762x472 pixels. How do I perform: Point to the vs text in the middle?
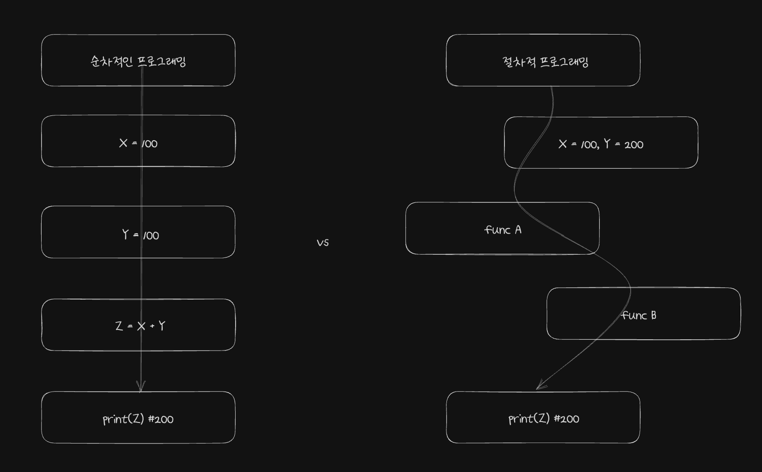pyautogui.click(x=323, y=243)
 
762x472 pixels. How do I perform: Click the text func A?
pyautogui.click(x=503, y=229)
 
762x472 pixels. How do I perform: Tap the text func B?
pyautogui.click(x=639, y=315)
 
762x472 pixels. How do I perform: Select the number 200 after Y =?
pyautogui.click(x=634, y=145)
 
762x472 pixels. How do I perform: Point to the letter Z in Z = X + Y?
pyautogui.click(x=119, y=326)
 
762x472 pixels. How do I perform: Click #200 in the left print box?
pyautogui.click(x=161, y=419)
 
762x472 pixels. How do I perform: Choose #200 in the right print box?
pyautogui.click(x=567, y=419)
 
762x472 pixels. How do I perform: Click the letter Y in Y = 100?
pyautogui.click(x=125, y=235)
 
